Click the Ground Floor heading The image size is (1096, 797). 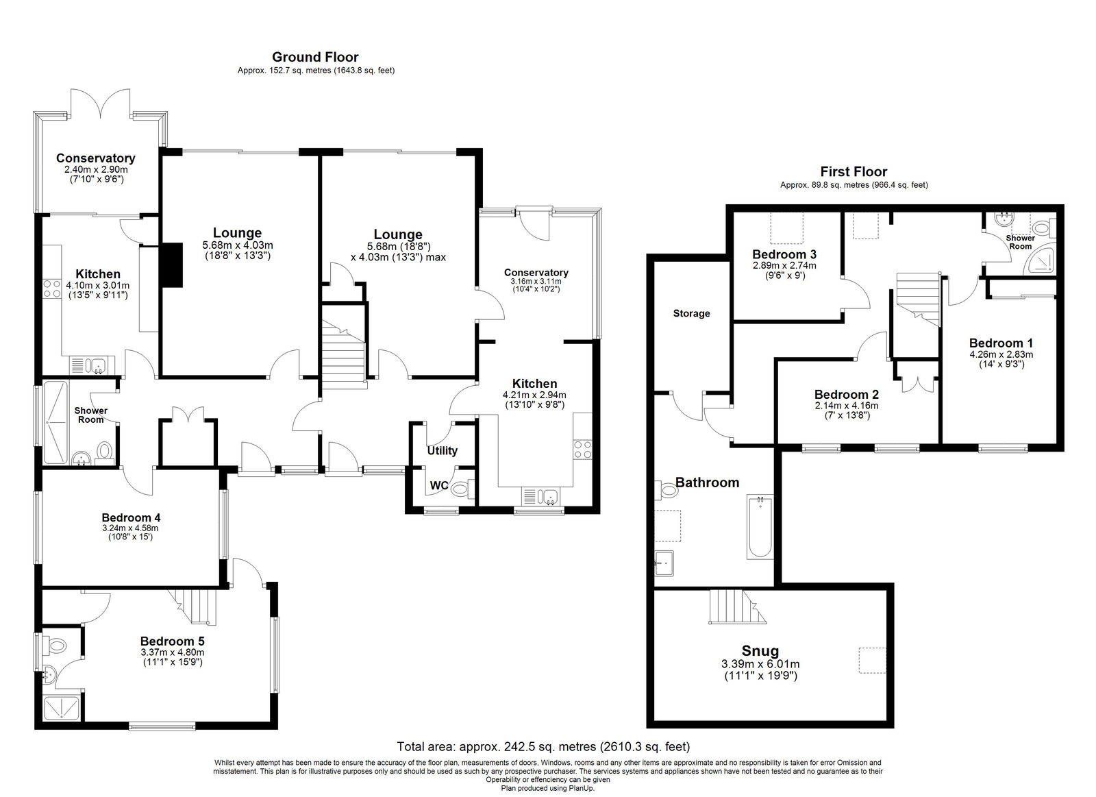click(315, 57)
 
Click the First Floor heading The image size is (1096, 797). click(854, 172)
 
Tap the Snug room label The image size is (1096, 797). click(760, 650)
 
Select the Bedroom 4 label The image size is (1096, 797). click(131, 517)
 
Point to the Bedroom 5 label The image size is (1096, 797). click(172, 641)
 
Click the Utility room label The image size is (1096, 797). click(442, 450)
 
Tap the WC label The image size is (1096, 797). click(439, 486)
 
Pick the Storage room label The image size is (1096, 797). click(691, 313)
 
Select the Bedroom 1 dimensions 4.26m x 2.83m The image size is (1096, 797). click(1001, 354)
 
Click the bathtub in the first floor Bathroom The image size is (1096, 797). click(759, 527)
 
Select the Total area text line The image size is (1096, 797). click(543, 746)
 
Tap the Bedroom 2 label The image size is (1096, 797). click(846, 395)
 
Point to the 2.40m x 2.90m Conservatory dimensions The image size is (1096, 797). click(96, 169)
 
